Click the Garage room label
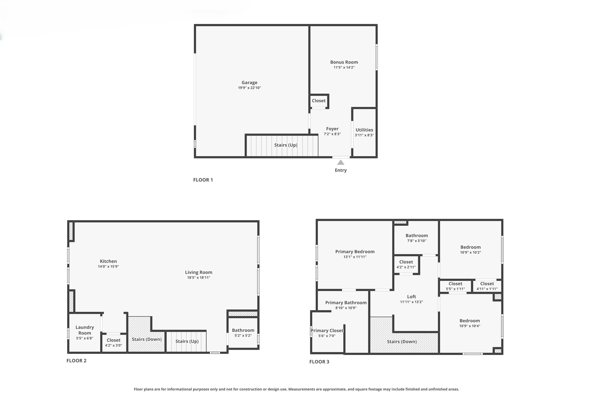[249, 82]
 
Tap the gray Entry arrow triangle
[341, 162]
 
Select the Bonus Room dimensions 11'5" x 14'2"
[344, 67]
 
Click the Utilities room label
[364, 130]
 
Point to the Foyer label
[332, 129]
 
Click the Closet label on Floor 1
[319, 101]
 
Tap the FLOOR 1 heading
[203, 180]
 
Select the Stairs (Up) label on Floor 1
[285, 145]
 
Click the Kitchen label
[108, 261]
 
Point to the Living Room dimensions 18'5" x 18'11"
[199, 278]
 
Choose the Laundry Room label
[85, 330]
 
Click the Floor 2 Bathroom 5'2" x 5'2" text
[243, 336]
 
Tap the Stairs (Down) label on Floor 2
[147, 339]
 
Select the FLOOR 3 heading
[319, 361]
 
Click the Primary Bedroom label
[355, 252]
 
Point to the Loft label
[411, 297]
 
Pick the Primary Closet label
[327, 330]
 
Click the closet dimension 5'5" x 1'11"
[455, 289]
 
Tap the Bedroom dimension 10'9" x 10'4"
[470, 326]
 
